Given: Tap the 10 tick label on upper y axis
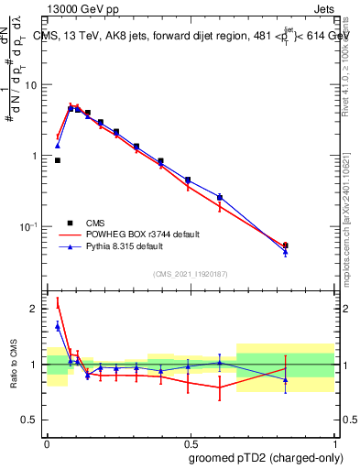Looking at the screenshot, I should [x=30, y=85].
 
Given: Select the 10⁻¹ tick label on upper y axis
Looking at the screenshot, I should [x=28, y=226].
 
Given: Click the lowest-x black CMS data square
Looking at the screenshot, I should [x=58, y=160].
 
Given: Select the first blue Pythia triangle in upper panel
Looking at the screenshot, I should [x=58, y=145].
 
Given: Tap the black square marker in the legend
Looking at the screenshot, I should [x=70, y=223].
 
